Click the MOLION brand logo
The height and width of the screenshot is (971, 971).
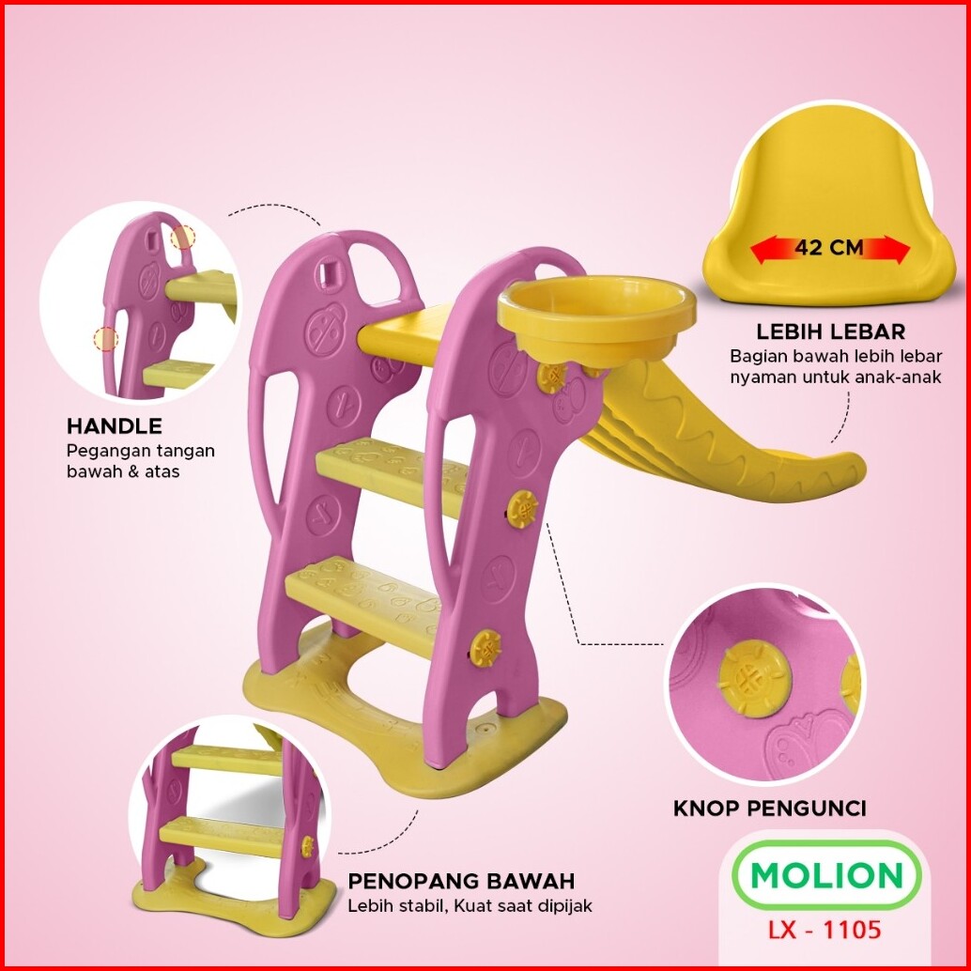point(825,875)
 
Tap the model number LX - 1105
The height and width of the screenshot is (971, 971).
point(826,930)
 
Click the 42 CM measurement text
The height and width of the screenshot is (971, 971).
point(829,249)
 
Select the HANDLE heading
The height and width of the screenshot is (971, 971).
point(114,426)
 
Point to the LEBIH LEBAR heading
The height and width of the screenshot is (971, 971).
point(830,331)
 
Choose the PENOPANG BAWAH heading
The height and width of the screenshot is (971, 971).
point(461,882)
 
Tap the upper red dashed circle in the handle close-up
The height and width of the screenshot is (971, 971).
point(184,237)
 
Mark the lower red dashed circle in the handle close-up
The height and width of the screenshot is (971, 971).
point(106,339)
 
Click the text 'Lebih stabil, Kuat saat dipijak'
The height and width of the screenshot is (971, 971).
point(470,906)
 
